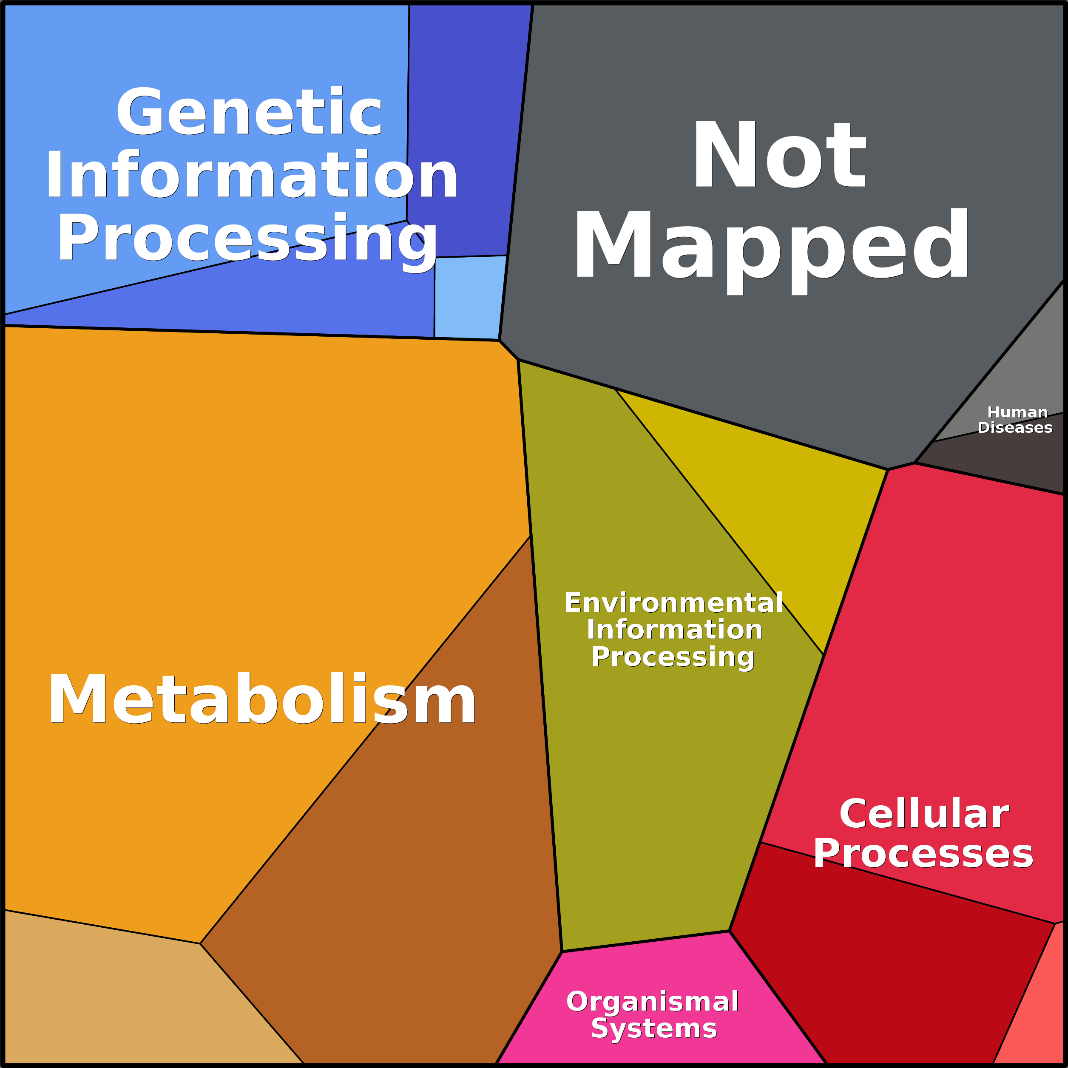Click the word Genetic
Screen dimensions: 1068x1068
click(x=249, y=112)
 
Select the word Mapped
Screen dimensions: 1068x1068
click(x=772, y=246)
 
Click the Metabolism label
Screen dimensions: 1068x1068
click(x=261, y=699)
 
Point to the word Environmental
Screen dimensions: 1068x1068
click(x=673, y=602)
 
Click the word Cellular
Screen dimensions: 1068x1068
click(x=924, y=814)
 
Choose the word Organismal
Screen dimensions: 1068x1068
click(x=652, y=1001)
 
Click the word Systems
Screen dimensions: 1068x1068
click(x=653, y=1028)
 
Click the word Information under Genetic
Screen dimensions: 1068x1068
click(x=252, y=175)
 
